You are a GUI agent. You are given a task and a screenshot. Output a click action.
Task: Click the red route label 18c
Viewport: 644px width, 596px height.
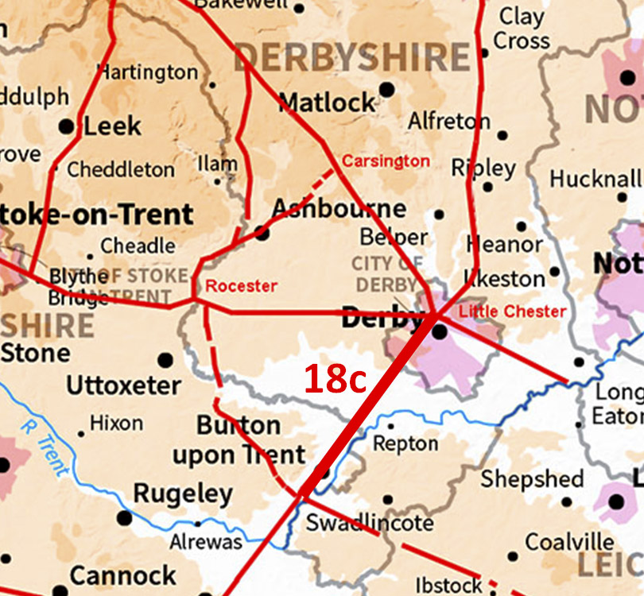pos(335,380)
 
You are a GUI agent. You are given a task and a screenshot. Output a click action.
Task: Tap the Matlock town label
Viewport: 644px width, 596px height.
pos(327,103)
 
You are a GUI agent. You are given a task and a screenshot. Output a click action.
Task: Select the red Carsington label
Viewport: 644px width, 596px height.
pos(386,161)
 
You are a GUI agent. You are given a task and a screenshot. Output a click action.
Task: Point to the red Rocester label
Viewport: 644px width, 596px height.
pos(242,286)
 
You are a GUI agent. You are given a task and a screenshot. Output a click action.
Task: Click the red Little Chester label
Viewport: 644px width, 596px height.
pos(513,311)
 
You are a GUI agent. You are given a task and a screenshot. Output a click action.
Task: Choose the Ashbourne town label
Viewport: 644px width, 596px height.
pos(339,209)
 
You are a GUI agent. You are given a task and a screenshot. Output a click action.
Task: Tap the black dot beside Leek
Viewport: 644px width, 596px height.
pos(67,126)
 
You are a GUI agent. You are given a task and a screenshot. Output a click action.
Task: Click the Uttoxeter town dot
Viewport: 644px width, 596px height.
pos(165,360)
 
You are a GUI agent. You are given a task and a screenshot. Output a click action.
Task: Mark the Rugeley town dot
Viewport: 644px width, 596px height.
pos(125,518)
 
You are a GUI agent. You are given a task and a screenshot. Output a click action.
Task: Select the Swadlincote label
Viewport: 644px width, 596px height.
pos(370,523)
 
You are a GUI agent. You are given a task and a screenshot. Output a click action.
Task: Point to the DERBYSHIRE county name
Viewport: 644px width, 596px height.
pos(351,58)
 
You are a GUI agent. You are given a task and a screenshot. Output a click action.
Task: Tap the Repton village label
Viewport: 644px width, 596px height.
pos(405,443)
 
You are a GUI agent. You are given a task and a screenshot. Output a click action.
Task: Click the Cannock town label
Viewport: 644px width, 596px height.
pos(123,575)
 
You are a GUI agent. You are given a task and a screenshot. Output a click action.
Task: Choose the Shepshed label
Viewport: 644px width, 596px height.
pos(532,479)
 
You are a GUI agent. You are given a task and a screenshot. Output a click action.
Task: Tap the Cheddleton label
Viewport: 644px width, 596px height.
pos(120,169)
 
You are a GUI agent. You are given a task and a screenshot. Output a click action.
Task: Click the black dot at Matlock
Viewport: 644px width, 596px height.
pos(386,89)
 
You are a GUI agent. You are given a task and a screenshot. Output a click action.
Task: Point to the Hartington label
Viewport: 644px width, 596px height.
pos(147,72)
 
